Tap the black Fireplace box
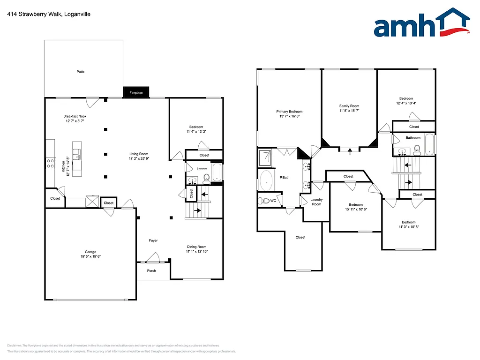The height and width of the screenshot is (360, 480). pos(136,93)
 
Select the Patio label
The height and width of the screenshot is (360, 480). pos(81,72)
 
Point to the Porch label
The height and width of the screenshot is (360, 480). pos(151,271)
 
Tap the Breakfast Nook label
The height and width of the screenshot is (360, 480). pos(75,116)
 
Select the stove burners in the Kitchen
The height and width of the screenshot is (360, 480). pos(51,163)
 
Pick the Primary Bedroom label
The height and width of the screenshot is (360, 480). pos(289,112)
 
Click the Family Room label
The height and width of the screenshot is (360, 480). pos(349,106)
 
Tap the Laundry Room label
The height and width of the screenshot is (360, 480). pos(316,202)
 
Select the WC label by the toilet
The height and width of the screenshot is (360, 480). pos(273,201)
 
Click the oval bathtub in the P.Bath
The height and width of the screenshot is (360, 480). pos(267,180)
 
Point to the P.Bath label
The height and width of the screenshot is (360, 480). pos(284,178)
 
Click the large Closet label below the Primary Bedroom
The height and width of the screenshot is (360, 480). pos(300,237)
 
